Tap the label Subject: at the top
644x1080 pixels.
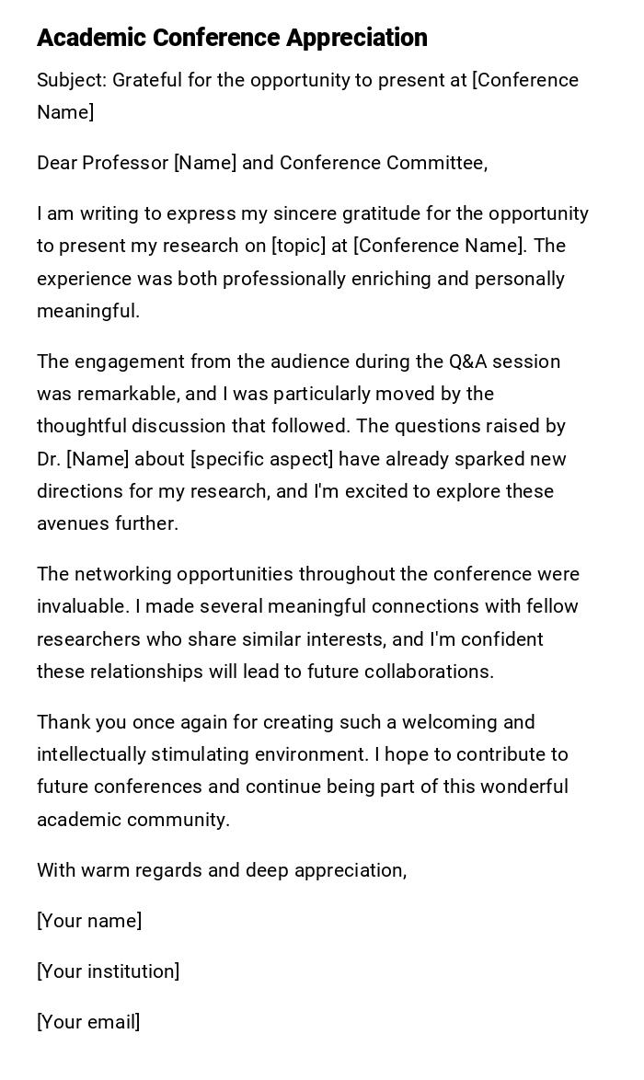point(73,80)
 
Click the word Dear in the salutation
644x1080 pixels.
point(57,163)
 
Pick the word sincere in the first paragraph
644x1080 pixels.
point(305,213)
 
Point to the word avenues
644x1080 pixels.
point(73,523)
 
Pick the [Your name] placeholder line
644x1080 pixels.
point(89,921)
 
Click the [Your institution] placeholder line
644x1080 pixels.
point(108,971)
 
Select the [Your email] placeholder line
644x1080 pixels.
point(88,1022)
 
